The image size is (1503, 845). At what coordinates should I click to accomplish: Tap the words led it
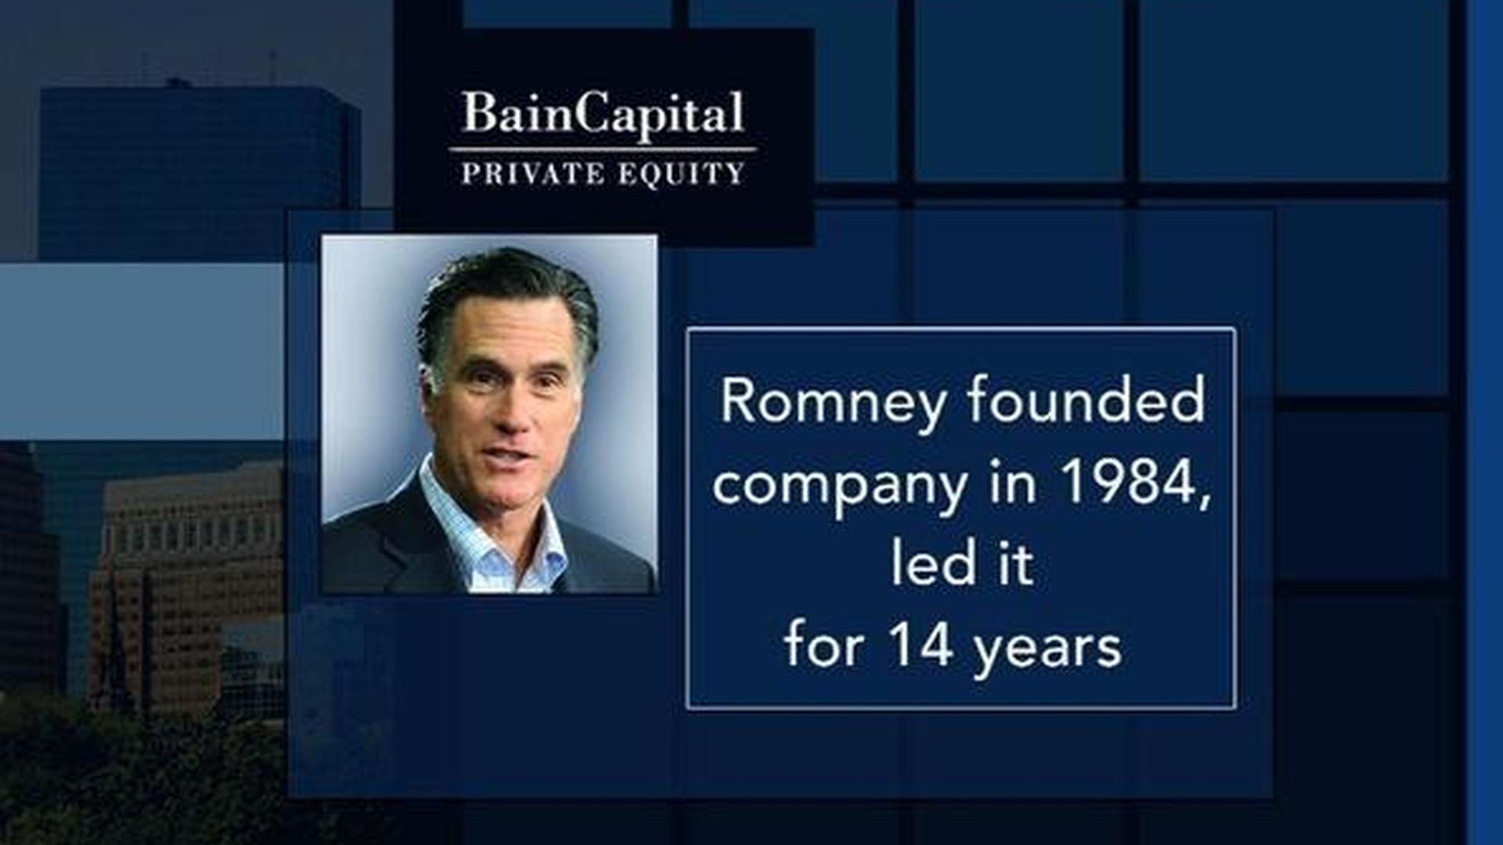[962, 563]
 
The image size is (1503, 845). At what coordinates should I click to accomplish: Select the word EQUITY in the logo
[681, 174]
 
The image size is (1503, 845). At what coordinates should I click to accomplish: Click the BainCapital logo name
[603, 114]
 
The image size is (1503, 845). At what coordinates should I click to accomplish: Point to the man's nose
[514, 410]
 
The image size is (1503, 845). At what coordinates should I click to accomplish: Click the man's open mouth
[509, 455]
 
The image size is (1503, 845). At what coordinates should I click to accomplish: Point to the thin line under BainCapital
[603, 149]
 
